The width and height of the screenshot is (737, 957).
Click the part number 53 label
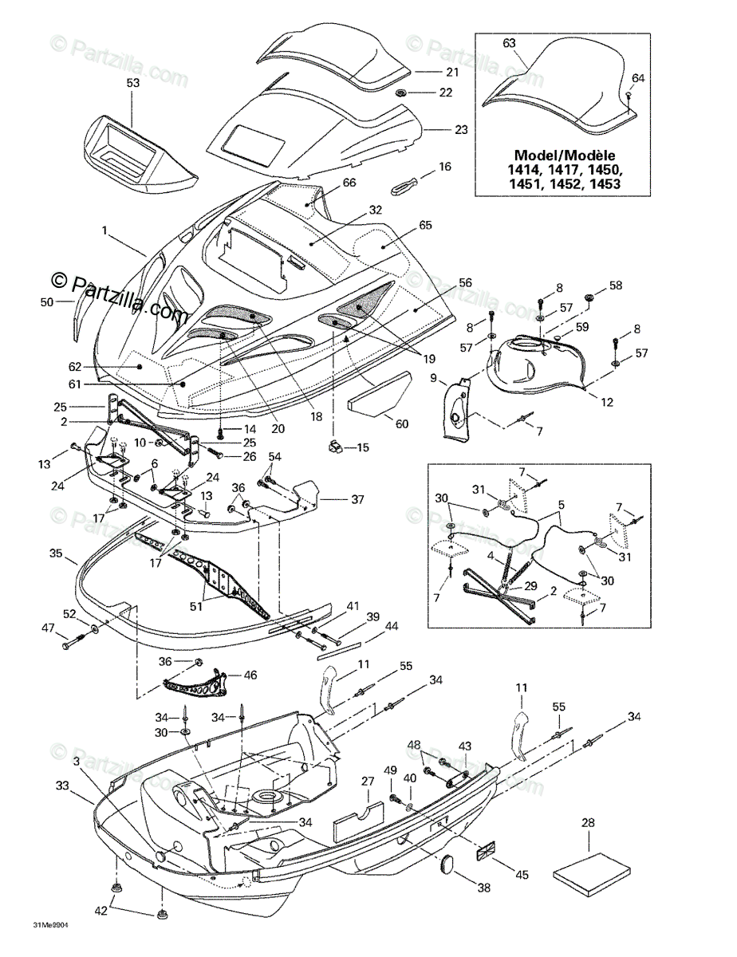tap(133, 82)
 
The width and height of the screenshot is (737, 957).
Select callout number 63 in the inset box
tap(510, 44)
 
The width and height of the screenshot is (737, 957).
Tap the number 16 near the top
tap(445, 167)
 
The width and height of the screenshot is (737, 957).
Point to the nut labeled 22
tap(402, 93)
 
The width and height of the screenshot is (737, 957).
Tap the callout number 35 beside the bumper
tap(56, 552)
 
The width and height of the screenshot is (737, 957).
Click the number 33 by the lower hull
tap(62, 786)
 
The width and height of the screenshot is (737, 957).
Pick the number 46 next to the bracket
tap(250, 675)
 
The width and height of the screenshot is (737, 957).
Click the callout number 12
tap(607, 403)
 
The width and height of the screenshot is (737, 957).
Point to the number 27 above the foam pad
tap(367, 782)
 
